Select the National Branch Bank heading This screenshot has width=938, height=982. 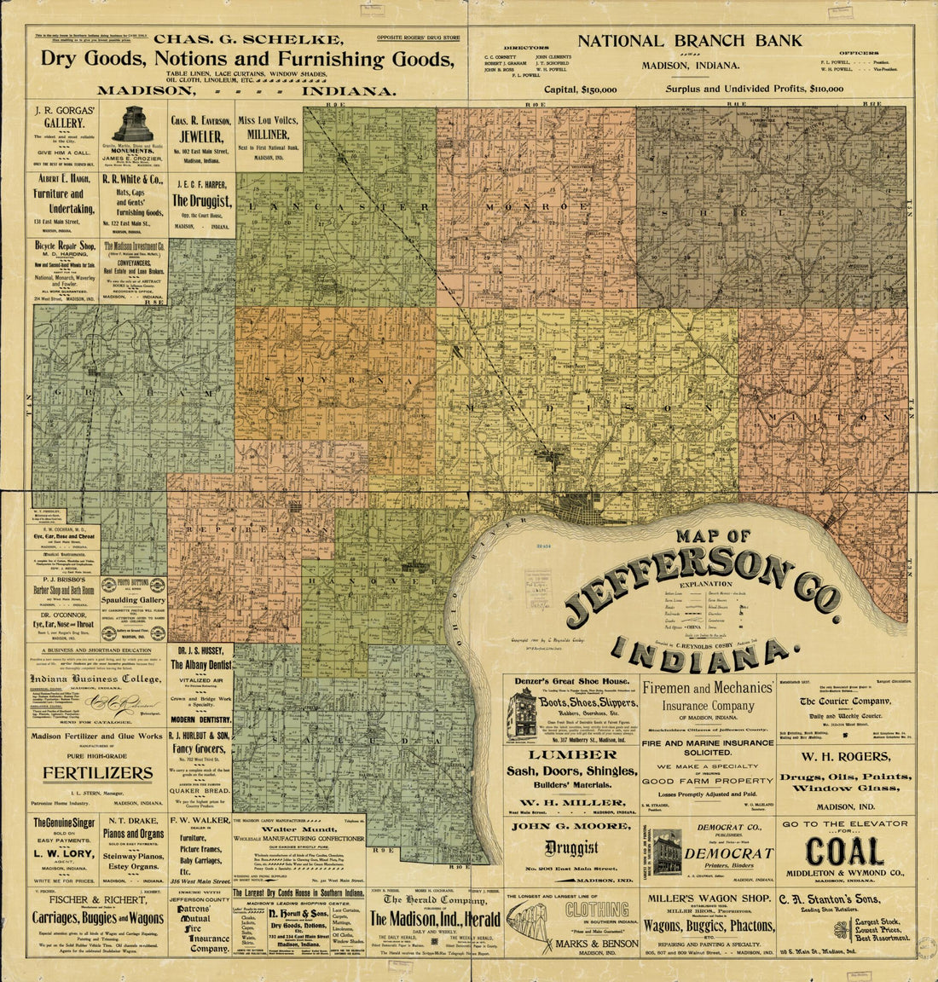pos(690,40)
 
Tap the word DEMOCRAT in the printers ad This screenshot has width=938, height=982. pos(728,852)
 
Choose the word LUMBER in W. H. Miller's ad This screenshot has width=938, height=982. pos(570,754)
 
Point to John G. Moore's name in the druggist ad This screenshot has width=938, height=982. pos(570,825)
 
